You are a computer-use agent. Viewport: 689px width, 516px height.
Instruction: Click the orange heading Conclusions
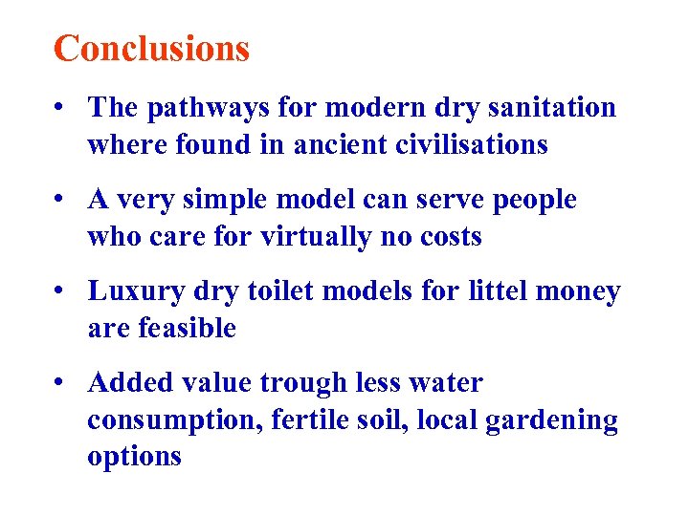[x=151, y=48]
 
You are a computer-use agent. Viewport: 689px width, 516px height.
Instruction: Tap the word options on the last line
[x=134, y=457]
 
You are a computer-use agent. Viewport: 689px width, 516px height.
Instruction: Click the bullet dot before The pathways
[x=60, y=108]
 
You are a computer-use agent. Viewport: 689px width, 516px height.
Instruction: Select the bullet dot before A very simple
[x=60, y=200]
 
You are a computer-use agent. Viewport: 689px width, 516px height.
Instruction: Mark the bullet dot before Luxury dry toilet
[x=60, y=291]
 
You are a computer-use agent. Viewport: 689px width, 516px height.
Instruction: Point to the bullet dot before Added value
[x=60, y=383]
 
